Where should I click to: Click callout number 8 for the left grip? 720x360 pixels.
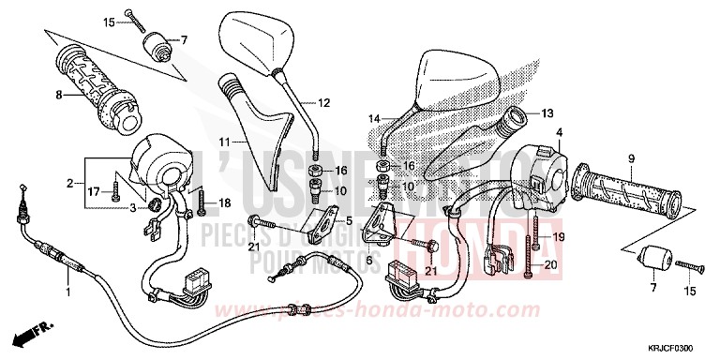(59, 95)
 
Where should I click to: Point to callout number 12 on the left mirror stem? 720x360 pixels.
(324, 102)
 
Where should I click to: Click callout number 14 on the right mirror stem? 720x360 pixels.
(375, 119)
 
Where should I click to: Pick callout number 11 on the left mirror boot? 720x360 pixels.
(225, 141)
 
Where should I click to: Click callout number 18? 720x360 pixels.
(224, 202)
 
